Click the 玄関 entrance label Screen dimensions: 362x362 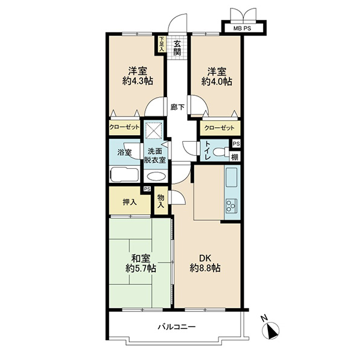(x=177, y=48)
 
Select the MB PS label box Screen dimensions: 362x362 (x=242, y=28)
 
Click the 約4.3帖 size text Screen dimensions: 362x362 (x=138, y=81)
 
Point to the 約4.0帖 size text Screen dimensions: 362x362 (x=217, y=81)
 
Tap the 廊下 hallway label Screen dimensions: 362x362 (x=177, y=107)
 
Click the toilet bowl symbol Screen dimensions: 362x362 (x=220, y=153)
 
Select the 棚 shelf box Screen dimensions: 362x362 (x=235, y=157)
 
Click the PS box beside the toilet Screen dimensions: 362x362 (x=236, y=144)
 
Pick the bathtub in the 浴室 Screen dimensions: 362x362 (x=125, y=175)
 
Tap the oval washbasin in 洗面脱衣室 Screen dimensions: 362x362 (x=156, y=177)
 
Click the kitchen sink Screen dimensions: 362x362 (x=231, y=177)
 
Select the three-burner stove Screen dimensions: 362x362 (x=232, y=206)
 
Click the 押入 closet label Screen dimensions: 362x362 (x=130, y=202)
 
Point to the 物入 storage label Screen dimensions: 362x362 (x=161, y=201)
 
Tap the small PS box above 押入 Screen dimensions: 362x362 (x=147, y=189)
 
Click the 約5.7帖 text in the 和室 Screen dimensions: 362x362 (x=141, y=268)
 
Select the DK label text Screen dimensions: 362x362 (x=205, y=258)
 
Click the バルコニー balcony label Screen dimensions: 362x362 (x=177, y=327)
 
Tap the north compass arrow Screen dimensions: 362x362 (x=271, y=331)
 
